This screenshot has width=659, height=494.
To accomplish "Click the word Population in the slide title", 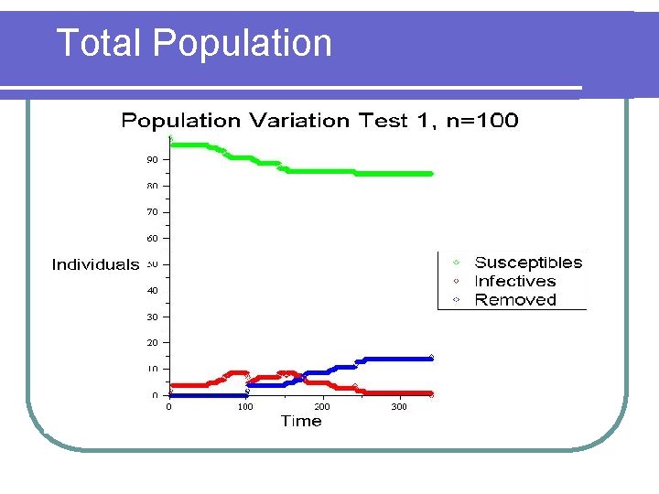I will (243, 43).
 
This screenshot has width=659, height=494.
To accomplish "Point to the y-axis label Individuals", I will (95, 265).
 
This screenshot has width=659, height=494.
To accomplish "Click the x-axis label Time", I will (301, 422).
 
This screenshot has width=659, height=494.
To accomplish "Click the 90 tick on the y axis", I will (151, 159).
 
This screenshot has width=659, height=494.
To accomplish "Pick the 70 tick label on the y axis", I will (151, 211).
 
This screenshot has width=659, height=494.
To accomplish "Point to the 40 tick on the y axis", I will (151, 290).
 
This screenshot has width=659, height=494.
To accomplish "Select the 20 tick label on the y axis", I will (151, 342).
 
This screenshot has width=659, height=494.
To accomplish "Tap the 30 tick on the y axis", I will (151, 317).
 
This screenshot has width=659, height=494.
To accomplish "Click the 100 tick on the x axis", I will (245, 406).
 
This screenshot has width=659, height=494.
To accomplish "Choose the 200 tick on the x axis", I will (322, 406).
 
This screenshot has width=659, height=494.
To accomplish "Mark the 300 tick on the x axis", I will (399, 406).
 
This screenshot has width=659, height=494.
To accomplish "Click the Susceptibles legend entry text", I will (528, 263).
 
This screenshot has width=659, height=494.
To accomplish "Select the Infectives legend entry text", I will (515, 282).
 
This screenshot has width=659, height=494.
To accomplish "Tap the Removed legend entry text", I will (515, 300).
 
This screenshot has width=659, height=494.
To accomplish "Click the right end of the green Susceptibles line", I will (430, 173).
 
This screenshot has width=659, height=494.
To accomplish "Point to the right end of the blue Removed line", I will (430, 358).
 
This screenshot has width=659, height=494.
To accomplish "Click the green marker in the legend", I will (456, 263).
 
